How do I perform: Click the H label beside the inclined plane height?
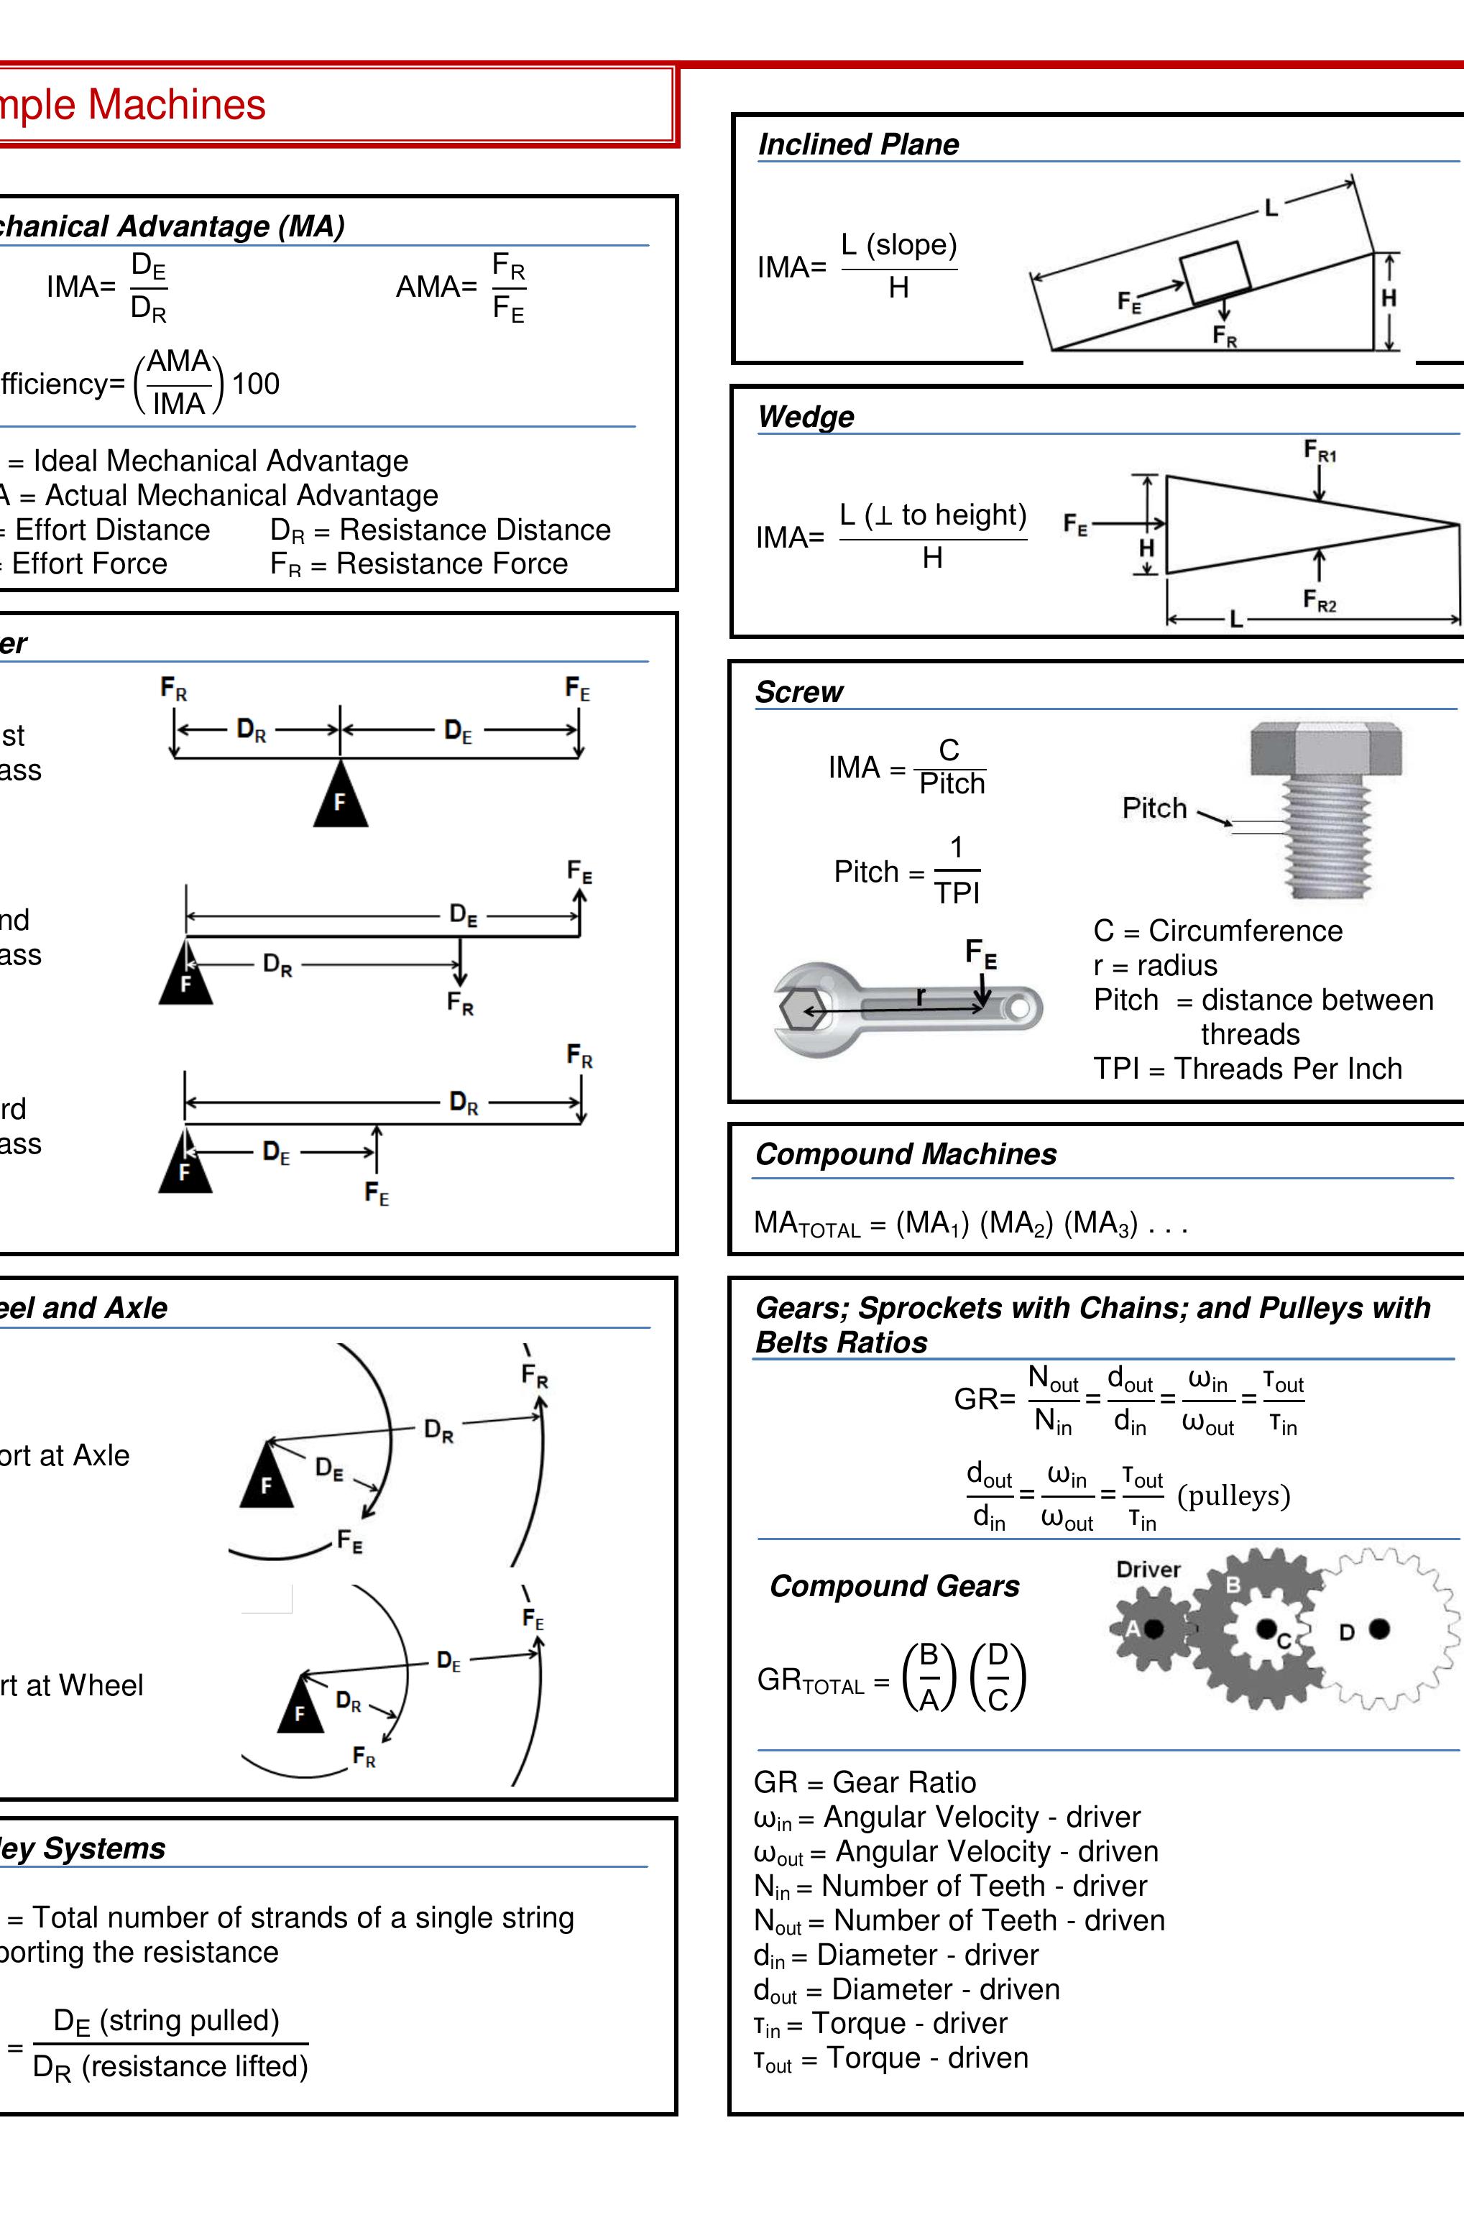coord(1389,298)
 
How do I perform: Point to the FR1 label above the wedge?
coord(1320,453)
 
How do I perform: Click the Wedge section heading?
coord(805,416)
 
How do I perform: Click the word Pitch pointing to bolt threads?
coord(1154,808)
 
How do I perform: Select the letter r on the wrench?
coord(921,997)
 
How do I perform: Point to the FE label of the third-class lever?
coord(376,1194)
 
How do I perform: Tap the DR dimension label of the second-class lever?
coord(277,964)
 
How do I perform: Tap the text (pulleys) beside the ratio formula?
coord(1233,1495)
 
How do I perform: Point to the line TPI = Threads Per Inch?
coord(1247,1069)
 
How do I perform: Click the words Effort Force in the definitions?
coord(90,563)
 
